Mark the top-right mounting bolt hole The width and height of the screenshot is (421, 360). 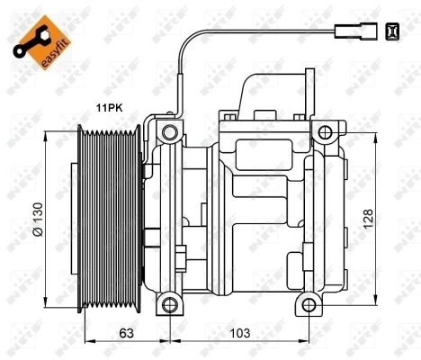[x=323, y=133]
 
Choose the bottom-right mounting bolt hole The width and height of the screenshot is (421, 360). [x=309, y=304]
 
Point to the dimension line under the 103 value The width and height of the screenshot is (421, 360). [x=238, y=343]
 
